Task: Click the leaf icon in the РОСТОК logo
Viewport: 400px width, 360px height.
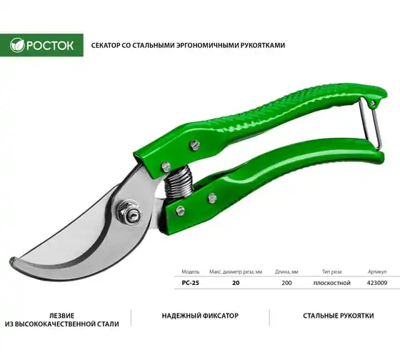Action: [17, 45]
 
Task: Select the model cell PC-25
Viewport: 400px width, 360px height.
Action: [190, 283]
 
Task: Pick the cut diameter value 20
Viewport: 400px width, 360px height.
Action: [236, 283]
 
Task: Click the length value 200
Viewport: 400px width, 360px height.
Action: [286, 283]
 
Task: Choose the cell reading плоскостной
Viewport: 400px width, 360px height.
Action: [332, 283]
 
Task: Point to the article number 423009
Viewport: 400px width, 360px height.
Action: [377, 283]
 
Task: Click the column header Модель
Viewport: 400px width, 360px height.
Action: [190, 271]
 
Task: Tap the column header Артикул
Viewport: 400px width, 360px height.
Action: [377, 271]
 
